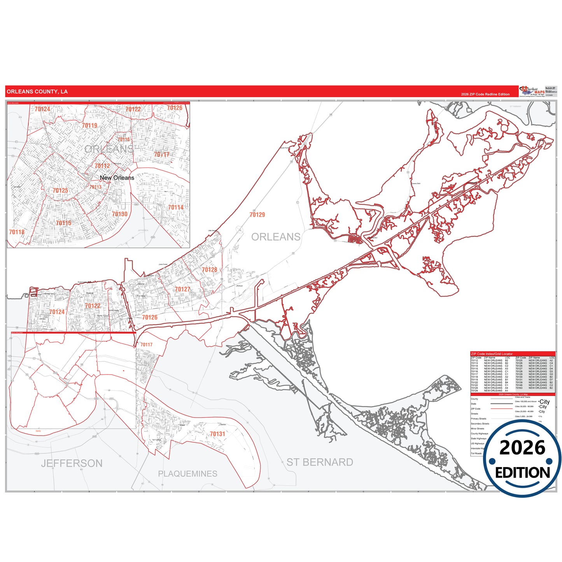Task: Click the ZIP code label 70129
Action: point(257,215)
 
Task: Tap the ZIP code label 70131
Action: point(217,434)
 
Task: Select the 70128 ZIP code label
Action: point(209,270)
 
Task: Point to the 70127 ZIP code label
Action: point(182,289)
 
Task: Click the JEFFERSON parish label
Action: point(72,463)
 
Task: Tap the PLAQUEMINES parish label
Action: point(187,474)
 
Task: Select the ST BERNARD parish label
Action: point(320,462)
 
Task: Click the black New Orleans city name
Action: point(117,178)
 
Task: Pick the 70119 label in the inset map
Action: point(89,126)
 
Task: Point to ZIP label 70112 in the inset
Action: point(102,166)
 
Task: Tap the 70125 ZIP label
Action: point(60,191)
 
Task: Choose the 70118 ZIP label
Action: point(17,232)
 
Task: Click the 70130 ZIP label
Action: point(120,214)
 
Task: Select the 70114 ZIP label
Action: point(175,208)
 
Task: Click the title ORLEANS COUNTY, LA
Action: point(37,92)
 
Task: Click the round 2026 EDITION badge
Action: point(522,459)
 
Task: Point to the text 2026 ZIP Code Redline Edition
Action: point(485,95)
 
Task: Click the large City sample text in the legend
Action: point(544,402)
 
